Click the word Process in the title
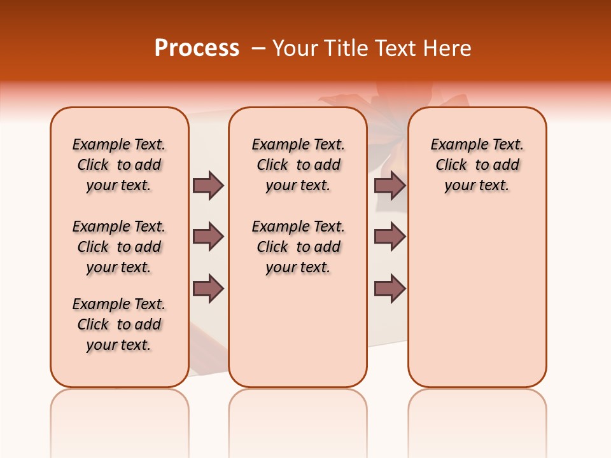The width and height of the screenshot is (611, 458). [x=197, y=48]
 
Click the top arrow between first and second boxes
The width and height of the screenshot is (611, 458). [x=208, y=185]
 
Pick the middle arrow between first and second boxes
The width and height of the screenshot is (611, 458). [x=208, y=237]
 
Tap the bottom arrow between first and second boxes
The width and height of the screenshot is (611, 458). [x=208, y=288]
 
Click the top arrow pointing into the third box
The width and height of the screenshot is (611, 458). [x=390, y=185]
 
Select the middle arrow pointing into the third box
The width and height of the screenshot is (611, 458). [x=390, y=237]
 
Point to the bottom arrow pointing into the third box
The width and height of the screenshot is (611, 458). [x=390, y=288]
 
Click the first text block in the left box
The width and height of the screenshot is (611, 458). [x=119, y=165]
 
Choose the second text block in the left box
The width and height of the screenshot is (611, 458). [x=119, y=247]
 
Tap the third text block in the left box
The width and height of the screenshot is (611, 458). [x=119, y=324]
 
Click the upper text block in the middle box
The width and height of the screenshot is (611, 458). [x=298, y=165]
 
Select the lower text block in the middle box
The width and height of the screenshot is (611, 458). [x=298, y=247]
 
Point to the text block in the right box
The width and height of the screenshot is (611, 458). [x=477, y=165]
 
